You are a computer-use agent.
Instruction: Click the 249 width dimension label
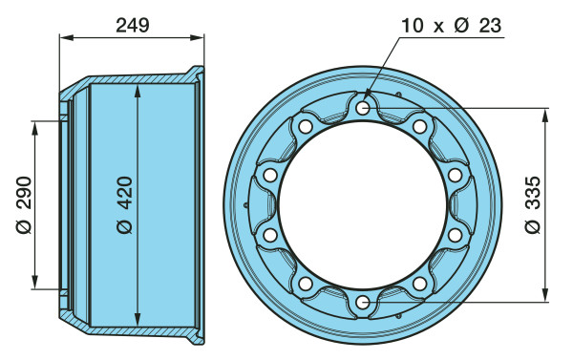tap(133, 26)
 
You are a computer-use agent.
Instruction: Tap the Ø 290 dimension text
tap(24, 204)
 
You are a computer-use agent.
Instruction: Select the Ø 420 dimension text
tap(124, 204)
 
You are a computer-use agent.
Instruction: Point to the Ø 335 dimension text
tap(532, 204)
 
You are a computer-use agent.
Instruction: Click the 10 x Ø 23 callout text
tap(452, 26)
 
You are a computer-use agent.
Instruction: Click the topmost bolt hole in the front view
tap(363, 108)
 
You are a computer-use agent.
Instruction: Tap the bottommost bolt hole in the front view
tap(363, 303)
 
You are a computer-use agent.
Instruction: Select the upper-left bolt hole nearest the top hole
tap(306, 127)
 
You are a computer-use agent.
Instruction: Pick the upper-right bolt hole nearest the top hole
tap(420, 127)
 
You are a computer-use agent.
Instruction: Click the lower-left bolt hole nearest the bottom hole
tap(306, 284)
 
